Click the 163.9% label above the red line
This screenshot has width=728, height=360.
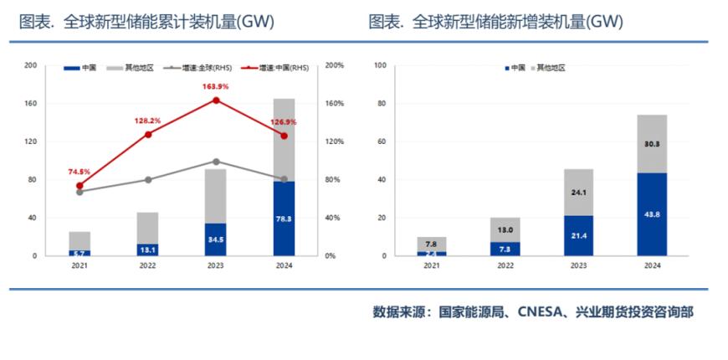[x=216, y=87]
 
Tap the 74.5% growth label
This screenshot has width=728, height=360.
[x=80, y=172]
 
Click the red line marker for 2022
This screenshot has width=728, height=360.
[x=148, y=134]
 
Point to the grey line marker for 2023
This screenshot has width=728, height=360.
[x=216, y=162]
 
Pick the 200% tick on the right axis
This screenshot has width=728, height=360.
[x=335, y=65]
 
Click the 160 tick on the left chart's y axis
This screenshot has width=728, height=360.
[x=31, y=104]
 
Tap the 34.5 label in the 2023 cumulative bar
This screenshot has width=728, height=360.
[x=216, y=239]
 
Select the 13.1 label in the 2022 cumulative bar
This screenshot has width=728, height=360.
[x=148, y=249]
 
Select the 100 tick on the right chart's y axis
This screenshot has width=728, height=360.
[x=379, y=65]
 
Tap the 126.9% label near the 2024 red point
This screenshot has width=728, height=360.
[x=284, y=122]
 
